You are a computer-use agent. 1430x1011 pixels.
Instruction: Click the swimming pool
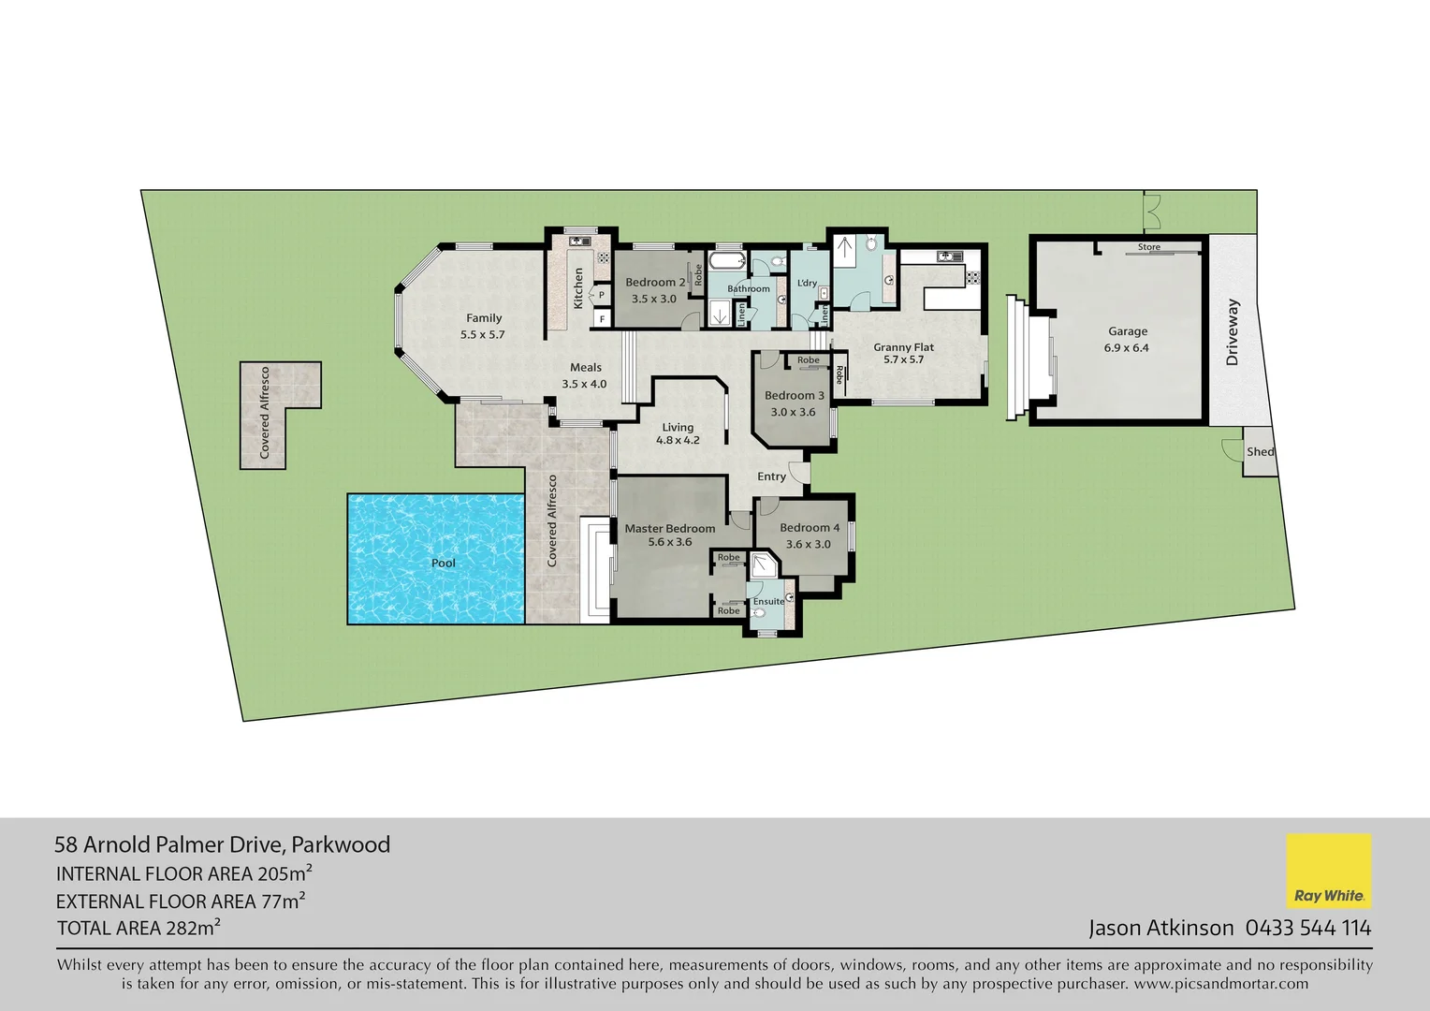(435, 559)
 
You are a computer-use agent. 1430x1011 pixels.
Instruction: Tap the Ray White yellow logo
(1329, 871)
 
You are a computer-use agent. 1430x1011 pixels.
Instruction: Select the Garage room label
(1127, 331)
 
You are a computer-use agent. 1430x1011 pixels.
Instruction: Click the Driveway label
(1232, 332)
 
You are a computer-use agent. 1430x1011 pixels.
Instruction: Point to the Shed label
(1260, 452)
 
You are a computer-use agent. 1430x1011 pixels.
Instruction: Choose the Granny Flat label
(903, 347)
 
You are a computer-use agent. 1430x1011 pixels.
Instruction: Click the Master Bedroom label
(669, 529)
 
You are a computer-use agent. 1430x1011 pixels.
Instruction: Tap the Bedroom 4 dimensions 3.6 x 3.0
(808, 544)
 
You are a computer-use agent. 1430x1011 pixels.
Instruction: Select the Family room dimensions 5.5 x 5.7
(482, 334)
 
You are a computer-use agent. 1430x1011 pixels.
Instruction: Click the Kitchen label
(578, 288)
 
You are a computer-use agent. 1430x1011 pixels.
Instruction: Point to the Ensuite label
(768, 601)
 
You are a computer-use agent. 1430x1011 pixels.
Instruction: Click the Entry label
(771, 476)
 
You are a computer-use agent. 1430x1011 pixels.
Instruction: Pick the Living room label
(678, 427)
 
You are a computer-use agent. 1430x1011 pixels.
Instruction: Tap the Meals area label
(586, 368)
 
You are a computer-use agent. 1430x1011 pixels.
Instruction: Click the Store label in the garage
(1148, 247)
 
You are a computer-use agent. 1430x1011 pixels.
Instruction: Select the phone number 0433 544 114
(1307, 928)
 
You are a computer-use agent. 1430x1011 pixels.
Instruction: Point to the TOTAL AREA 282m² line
(139, 928)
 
